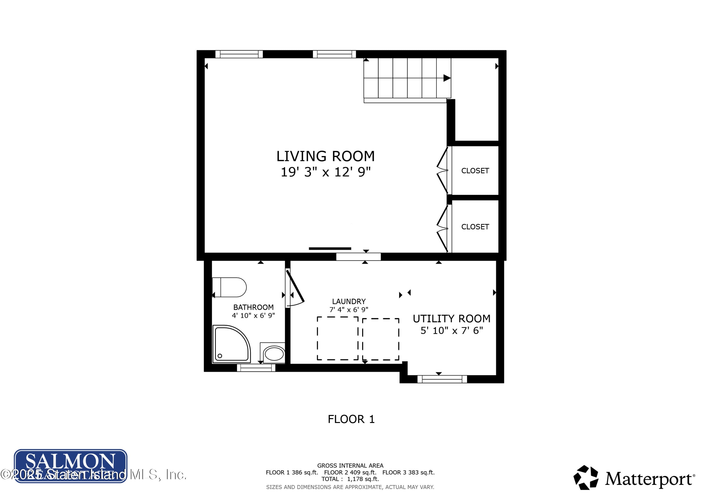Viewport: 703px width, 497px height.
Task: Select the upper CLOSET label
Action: click(475, 171)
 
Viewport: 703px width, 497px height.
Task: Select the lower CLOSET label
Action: click(475, 227)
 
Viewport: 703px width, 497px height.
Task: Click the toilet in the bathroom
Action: click(230, 287)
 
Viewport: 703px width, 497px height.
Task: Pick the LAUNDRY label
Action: click(349, 302)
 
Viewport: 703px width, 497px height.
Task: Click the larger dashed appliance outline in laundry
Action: click(337, 338)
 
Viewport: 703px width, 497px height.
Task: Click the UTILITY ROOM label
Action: click(451, 319)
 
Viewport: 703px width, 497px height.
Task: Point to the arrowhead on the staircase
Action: click(447, 78)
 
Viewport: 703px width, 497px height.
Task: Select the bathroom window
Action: click(256, 368)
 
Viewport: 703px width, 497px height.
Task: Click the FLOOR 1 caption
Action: click(351, 419)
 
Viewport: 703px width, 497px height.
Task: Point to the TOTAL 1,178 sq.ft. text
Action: click(350, 479)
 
